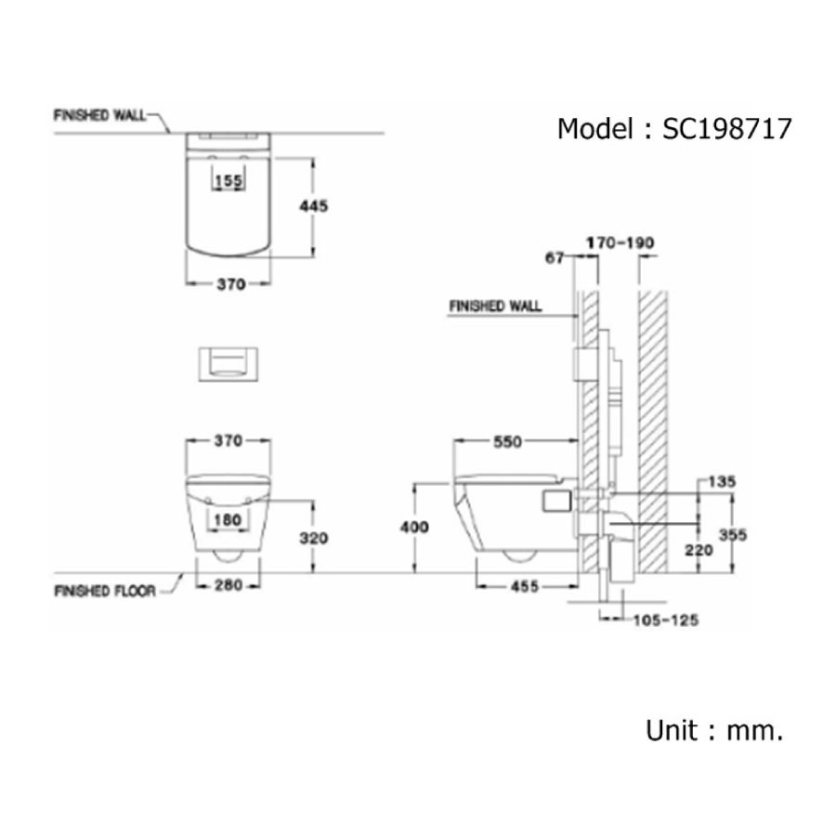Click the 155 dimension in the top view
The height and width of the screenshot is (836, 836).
point(229,181)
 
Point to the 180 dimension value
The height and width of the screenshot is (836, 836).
point(229,521)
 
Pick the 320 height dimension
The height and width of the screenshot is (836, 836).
point(315,537)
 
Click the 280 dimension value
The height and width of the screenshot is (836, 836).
point(228,585)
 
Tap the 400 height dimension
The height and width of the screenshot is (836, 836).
point(415,527)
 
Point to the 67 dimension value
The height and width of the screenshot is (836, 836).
point(555,258)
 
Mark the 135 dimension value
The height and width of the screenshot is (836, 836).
point(721,481)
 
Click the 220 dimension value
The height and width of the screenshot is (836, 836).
point(699,549)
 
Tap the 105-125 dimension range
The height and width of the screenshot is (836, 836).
point(665,620)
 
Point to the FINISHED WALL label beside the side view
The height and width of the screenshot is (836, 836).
point(495,306)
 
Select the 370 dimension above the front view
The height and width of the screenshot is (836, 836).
point(229,441)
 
